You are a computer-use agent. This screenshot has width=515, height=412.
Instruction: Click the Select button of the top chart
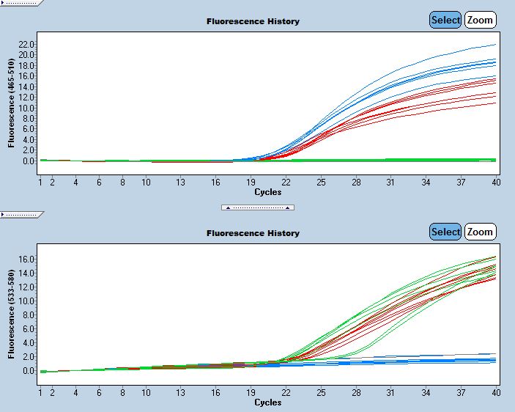pos(445,21)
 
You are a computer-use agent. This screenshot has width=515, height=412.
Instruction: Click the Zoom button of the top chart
pos(480,21)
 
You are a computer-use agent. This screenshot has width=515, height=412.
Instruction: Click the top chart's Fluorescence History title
pos(253,21)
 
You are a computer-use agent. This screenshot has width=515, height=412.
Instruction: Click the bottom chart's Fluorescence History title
pos(253,233)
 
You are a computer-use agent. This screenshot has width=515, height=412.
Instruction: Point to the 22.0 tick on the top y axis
pos(28,45)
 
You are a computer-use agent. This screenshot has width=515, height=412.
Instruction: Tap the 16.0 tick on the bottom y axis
pos(28,260)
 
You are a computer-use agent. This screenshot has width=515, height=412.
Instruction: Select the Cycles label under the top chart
pos(268,192)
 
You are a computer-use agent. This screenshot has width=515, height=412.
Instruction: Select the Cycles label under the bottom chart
pos(268,402)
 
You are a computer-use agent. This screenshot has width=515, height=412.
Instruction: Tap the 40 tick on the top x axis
pos(496,183)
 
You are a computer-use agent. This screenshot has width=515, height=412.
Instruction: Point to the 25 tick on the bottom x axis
pos(321,393)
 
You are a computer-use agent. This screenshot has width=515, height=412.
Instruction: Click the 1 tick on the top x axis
pos(41,183)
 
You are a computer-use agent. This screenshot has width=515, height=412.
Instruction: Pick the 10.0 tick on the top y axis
pos(28,108)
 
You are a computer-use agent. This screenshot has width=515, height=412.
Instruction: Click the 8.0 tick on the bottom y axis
pos(28,315)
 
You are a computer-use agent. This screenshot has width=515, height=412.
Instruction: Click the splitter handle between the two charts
pos(258,207)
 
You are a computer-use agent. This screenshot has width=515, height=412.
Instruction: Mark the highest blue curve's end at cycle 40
pos(495,45)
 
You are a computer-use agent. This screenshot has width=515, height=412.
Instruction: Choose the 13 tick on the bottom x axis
pos(181,393)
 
